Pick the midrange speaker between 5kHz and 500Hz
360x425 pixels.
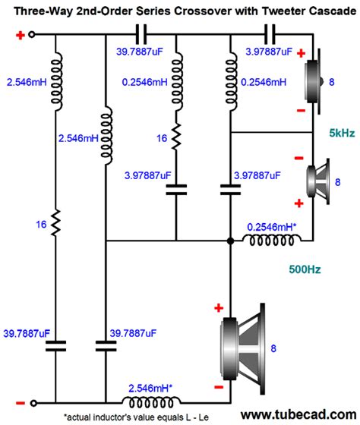[x=314, y=179]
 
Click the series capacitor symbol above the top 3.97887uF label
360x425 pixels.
[x=270, y=35]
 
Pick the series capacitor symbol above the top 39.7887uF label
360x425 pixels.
[x=141, y=35]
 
